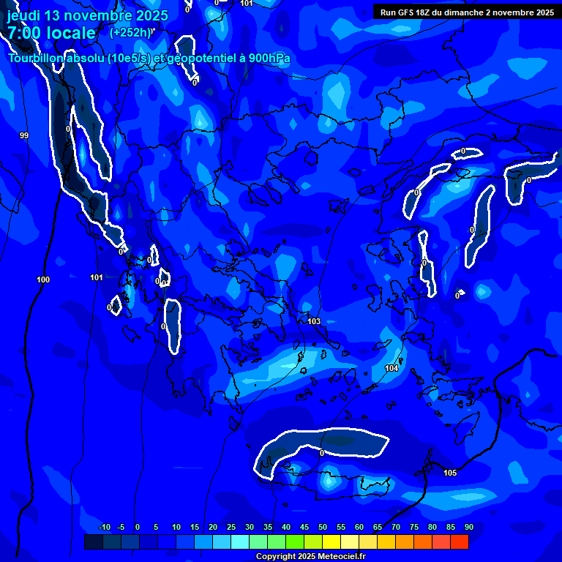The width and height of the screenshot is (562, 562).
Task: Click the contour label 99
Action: click(24, 135)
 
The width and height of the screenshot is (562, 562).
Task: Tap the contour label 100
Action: click(43, 280)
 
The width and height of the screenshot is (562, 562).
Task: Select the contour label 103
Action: click(314, 321)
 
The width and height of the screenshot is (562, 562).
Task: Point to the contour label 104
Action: click(391, 368)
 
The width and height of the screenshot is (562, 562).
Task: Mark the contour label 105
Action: click(450, 473)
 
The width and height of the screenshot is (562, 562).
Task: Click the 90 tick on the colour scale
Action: click(468, 527)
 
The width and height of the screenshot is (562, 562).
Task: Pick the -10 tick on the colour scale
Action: click(104, 527)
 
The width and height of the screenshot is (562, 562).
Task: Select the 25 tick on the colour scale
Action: click(231, 527)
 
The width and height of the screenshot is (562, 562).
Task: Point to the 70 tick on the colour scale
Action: click(396, 527)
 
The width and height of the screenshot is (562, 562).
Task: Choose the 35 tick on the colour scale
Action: click(268, 527)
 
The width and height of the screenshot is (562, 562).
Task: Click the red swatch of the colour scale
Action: click(459, 542)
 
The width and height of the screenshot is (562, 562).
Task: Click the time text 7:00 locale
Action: click(51, 33)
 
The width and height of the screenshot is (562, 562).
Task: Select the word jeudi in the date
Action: click(23, 15)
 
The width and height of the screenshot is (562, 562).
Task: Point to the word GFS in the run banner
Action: click(406, 12)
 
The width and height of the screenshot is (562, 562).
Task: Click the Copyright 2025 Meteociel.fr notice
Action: click(310, 556)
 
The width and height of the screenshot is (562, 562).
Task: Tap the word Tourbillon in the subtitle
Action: click(35, 59)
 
